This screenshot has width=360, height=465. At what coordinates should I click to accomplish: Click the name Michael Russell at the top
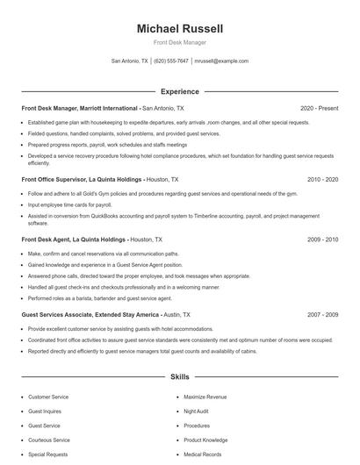point(180,29)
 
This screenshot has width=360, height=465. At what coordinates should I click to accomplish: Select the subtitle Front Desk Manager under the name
point(180,43)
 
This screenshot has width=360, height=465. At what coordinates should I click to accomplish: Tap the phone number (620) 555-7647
point(171,61)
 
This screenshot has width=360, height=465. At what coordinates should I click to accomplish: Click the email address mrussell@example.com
point(221,61)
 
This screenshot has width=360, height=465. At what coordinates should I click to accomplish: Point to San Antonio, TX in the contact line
point(129,61)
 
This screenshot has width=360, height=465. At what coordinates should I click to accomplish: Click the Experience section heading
point(180,91)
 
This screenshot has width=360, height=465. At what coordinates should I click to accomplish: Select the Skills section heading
point(180,377)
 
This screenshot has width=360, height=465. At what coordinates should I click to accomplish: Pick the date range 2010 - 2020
point(322,179)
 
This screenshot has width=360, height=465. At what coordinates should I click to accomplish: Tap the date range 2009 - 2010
point(322,239)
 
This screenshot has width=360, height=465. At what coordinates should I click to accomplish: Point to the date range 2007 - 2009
point(322,313)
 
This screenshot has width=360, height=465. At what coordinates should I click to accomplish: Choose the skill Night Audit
point(196,411)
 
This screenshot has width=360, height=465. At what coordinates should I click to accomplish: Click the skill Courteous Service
point(49,440)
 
